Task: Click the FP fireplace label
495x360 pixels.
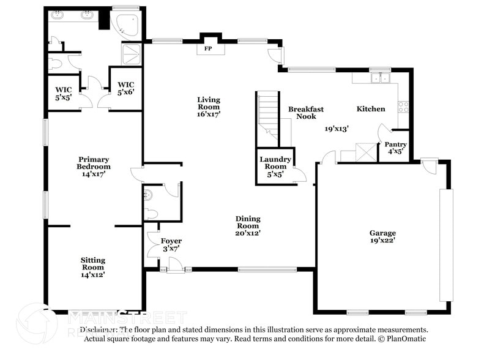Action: (208, 48)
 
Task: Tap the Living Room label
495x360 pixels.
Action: (209, 107)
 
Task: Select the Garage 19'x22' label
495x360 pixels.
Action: (382, 236)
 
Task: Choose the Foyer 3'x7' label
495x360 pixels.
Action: (171, 244)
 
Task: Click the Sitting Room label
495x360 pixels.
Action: (93, 267)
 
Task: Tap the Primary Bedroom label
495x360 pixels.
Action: (94, 166)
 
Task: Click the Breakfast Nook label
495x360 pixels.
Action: (306, 113)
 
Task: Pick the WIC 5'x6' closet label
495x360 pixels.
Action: (125, 88)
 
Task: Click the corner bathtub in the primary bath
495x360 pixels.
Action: (127, 23)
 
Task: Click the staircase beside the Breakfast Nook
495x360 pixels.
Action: (267, 111)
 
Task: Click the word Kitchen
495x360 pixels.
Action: (371, 109)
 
